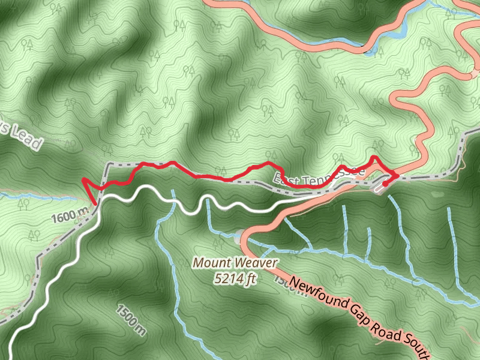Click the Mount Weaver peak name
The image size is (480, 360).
[x=235, y=263]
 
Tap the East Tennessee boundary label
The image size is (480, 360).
[x=319, y=176]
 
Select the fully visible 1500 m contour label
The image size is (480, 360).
[x=131, y=316]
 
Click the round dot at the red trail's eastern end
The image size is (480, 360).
[x=385, y=183]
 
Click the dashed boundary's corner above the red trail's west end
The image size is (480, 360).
[x=107, y=164]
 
